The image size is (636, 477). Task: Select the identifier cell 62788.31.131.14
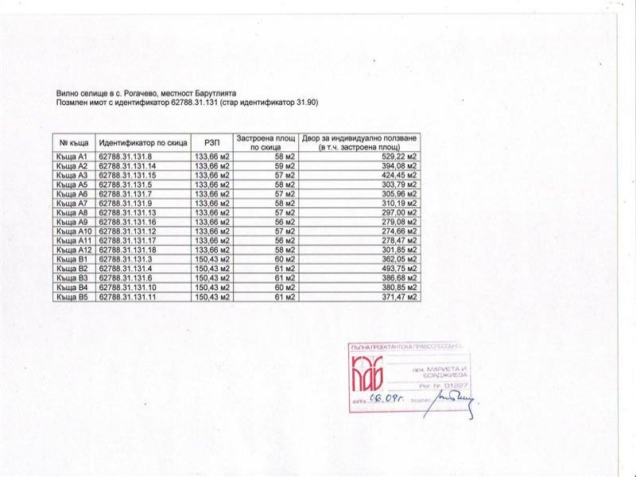[129, 166]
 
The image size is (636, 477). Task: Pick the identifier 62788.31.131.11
[129, 297]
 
